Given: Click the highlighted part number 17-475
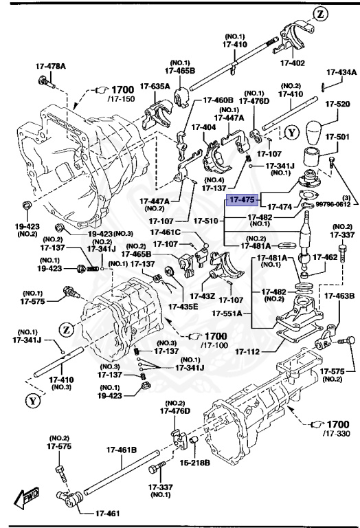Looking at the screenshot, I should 243,200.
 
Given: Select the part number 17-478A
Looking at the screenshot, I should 51,67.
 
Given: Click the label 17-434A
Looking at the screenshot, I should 341,71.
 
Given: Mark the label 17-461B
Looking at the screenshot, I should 121,450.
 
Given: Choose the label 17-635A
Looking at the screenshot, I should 155,86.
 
